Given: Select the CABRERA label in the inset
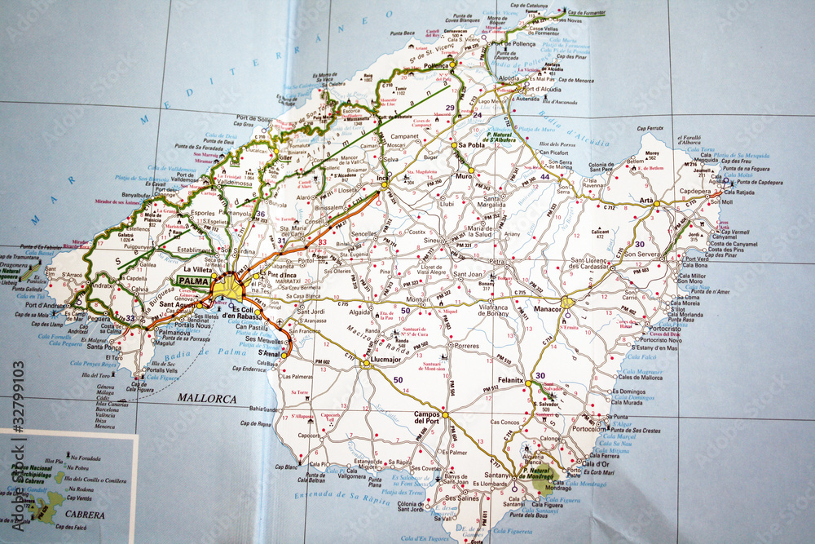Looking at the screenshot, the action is pos(87,515).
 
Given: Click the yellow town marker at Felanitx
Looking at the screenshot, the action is pos(528,383).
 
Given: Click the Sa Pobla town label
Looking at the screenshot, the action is pos(472,145).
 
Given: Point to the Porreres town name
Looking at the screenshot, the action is pos(466,345).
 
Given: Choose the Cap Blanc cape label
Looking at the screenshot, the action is pos(287,467).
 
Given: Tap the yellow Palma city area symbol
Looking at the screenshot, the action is pos(231,289).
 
